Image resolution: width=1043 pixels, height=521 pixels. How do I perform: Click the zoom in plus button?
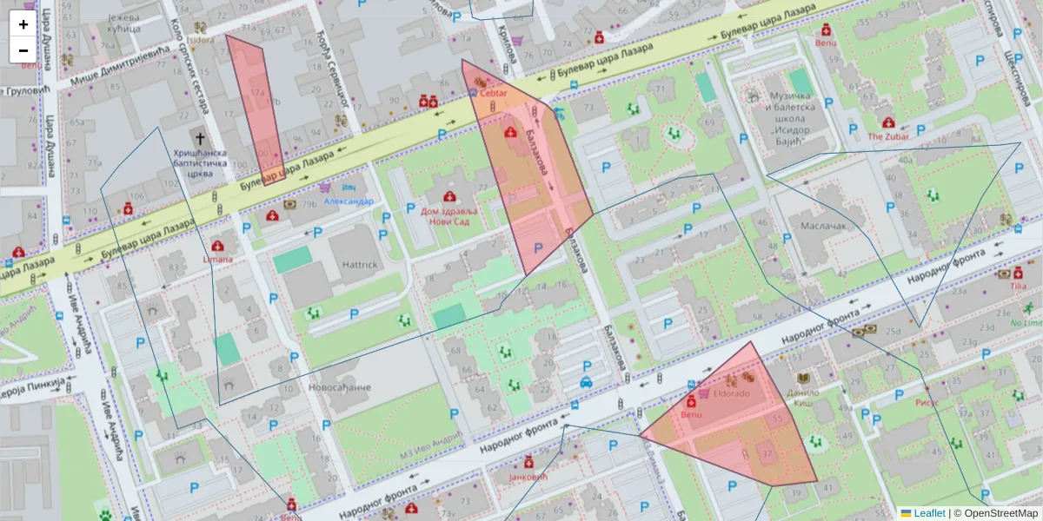[x=23, y=24]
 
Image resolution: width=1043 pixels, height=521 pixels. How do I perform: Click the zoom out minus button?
[x=23, y=50]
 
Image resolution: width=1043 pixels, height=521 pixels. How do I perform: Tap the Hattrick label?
[x=359, y=265]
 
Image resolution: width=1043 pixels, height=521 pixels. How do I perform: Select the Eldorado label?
[x=731, y=393]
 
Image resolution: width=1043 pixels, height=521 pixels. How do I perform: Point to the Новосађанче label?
[x=340, y=386]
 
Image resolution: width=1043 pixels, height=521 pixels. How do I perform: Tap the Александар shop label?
[x=349, y=201]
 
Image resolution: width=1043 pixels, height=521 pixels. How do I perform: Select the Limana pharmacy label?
[x=217, y=259]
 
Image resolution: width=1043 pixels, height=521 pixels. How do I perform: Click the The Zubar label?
[x=887, y=136]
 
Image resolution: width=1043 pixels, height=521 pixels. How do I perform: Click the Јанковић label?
[x=528, y=477]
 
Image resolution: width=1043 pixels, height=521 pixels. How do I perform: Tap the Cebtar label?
[x=493, y=93]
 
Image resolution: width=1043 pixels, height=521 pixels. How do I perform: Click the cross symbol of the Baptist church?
[x=201, y=139]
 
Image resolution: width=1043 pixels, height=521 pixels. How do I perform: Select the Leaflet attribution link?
[x=928, y=513]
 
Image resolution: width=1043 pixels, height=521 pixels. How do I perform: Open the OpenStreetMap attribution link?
[x=1000, y=513]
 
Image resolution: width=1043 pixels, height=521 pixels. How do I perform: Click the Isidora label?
[x=200, y=40]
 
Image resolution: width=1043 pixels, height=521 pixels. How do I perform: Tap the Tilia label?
[x=1019, y=286]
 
